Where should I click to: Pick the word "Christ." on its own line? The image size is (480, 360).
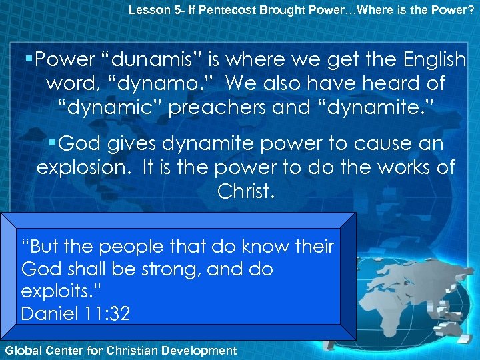(x=246, y=191)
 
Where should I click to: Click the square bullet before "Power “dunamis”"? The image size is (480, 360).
(x=31, y=60)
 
